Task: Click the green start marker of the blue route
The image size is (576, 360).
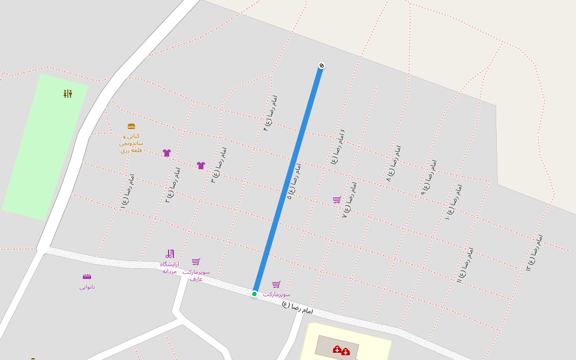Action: [x=254, y=294]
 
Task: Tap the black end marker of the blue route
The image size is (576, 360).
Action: [x=322, y=66]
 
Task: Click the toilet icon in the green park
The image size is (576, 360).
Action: [x=68, y=94]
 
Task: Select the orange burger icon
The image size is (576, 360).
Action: [x=131, y=127]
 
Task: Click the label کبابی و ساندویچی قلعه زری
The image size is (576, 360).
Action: [x=131, y=143]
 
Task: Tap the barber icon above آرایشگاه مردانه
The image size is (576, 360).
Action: [x=170, y=254]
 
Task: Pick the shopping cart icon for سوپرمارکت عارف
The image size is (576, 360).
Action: [x=196, y=262]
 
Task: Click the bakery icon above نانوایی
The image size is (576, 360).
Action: [x=87, y=277]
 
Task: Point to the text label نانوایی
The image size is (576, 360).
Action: [x=87, y=287]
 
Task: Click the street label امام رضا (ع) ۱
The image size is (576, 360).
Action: [x=128, y=191]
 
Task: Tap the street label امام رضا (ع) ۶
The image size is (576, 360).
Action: [x=338, y=146]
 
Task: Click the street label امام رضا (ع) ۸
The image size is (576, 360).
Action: [x=394, y=163]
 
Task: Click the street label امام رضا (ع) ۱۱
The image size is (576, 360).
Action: [x=465, y=265]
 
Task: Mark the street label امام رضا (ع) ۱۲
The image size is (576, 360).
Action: [x=535, y=253]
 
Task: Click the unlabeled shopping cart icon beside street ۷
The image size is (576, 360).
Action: [x=337, y=200]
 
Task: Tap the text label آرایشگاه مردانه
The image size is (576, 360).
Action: [x=169, y=268]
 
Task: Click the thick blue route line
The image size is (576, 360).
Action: [x=288, y=180]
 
